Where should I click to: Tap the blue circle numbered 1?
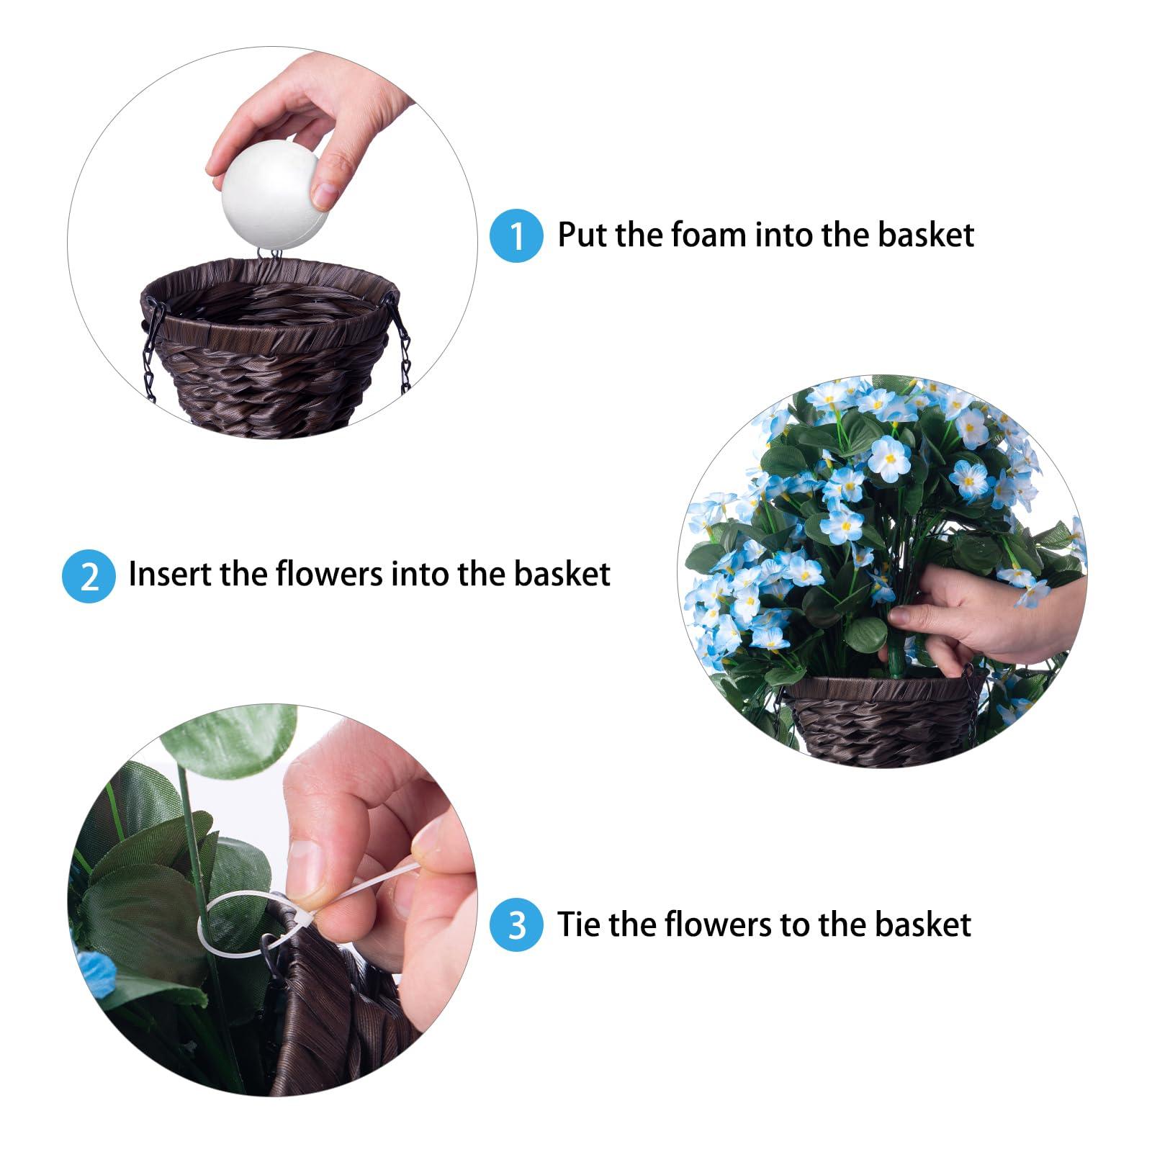click(516, 235)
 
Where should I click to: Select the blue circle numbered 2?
click(89, 576)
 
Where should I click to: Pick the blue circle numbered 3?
click(516, 925)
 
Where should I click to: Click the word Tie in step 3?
click(579, 924)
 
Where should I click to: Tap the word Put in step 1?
click(585, 235)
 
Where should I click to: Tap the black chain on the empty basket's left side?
click(150, 349)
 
